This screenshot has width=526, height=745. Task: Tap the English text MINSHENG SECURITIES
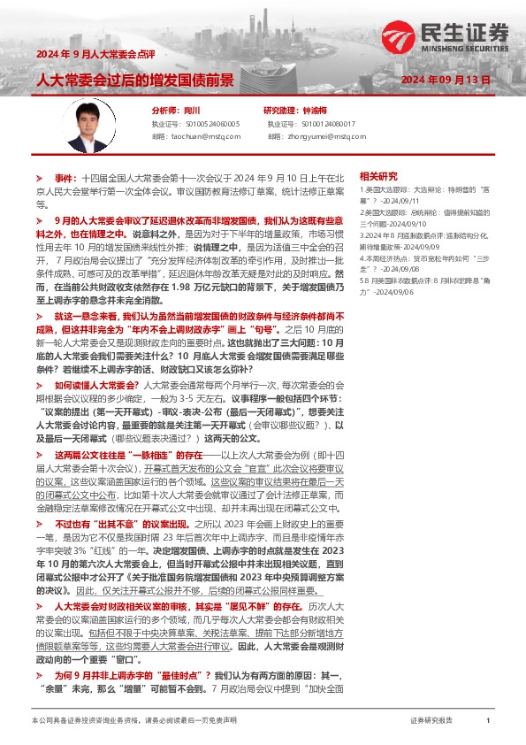466,50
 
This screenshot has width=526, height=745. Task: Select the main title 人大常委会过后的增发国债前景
134,81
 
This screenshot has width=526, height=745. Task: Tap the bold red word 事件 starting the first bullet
65,178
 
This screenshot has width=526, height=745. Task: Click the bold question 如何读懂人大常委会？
96,386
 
